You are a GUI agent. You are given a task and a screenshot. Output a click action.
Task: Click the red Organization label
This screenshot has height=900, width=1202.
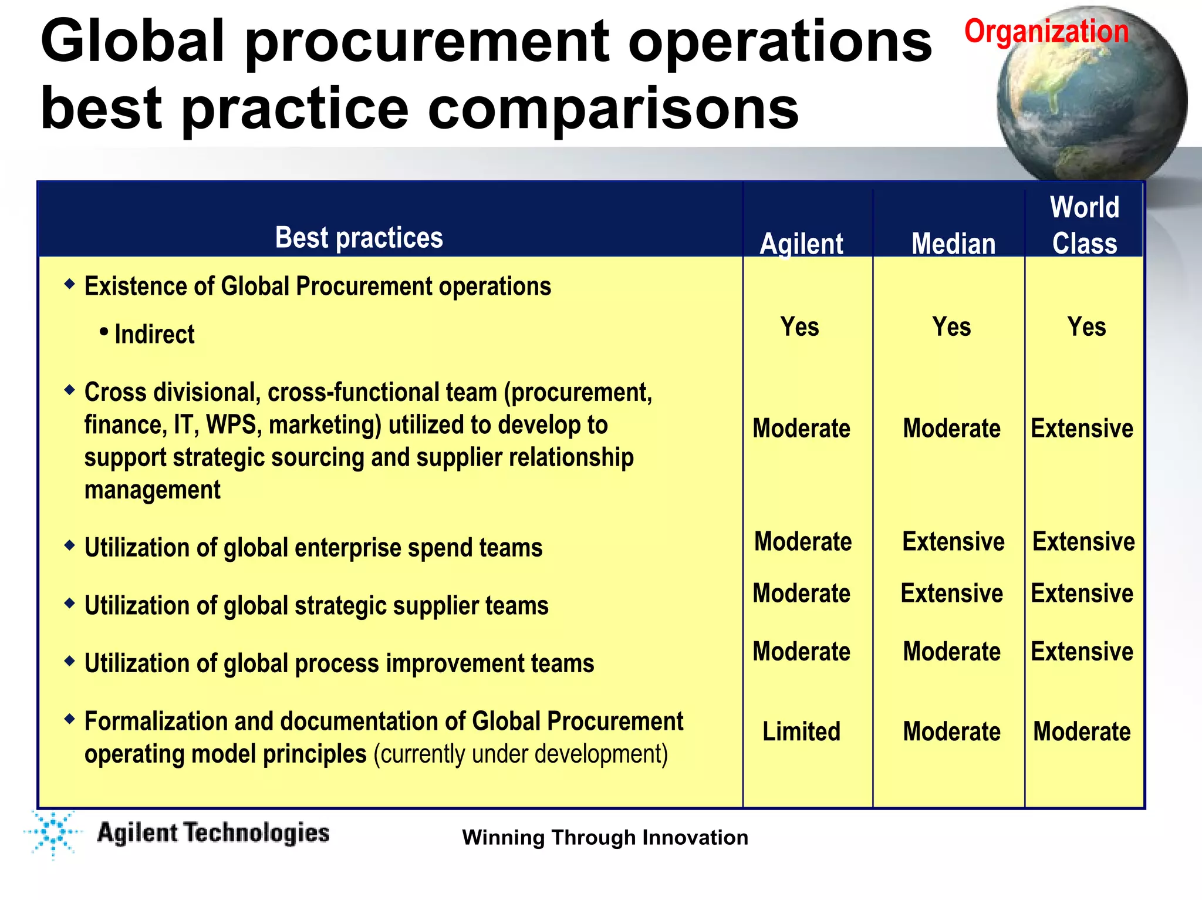1046,31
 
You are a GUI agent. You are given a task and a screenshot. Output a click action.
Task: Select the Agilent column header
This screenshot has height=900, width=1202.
801,244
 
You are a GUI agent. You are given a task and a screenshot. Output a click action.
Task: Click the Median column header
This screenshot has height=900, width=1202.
953,244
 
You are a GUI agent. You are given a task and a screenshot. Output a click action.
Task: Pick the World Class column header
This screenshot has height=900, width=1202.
1085,225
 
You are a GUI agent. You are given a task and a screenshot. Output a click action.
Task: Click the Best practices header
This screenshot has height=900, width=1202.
359,238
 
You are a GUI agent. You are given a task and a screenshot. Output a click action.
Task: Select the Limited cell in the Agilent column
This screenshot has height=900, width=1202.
801,732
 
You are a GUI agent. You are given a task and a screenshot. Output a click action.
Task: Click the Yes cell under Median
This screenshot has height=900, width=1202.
951,327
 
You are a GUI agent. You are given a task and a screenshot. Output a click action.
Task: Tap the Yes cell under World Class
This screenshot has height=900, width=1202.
1086,327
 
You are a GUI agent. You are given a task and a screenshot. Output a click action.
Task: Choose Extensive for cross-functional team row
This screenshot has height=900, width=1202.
1082,429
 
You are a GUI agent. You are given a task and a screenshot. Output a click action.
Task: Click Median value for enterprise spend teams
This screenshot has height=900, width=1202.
953,541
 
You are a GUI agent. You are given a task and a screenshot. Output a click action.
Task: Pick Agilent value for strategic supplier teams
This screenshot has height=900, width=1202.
801,594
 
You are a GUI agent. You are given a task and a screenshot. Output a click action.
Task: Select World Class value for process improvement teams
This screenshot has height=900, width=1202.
1082,652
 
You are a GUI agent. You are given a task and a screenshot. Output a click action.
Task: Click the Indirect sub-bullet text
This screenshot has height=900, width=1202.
154,335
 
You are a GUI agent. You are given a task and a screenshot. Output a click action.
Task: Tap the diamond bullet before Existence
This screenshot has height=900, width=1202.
70,285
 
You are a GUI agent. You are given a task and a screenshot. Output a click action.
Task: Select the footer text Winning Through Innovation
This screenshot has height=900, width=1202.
605,837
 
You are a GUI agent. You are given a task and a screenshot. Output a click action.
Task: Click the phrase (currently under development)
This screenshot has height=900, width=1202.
521,754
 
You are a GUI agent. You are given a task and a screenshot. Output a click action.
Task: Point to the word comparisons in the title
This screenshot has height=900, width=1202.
613,109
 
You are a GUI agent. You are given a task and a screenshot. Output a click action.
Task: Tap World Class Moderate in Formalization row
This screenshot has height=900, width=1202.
1082,732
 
